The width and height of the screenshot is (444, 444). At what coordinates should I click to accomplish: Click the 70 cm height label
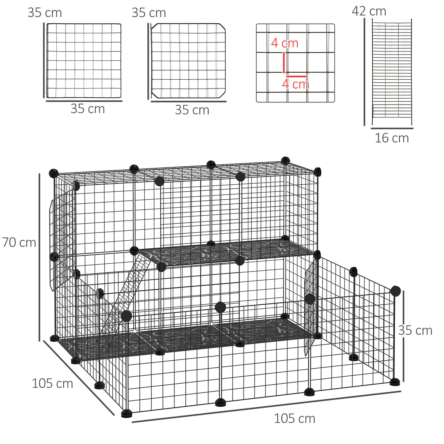19,242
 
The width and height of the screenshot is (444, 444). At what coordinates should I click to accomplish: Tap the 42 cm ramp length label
369,11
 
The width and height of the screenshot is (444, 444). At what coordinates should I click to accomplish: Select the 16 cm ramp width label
392,138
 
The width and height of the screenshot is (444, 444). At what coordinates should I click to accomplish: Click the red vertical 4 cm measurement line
284,63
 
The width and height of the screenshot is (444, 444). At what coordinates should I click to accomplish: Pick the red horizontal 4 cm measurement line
297,76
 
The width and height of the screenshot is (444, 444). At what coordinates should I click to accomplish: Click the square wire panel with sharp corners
84,61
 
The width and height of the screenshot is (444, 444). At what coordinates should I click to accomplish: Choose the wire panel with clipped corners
188,61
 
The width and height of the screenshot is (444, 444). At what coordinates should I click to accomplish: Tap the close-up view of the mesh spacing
295,63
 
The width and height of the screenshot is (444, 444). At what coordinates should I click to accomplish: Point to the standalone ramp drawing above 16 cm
392,72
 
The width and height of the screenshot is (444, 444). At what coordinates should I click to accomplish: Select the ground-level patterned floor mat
183,338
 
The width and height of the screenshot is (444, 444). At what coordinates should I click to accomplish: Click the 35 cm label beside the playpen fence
415,331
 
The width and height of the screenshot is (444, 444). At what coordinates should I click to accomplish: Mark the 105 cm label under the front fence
294,418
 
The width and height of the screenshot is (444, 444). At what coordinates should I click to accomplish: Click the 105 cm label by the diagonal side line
52,383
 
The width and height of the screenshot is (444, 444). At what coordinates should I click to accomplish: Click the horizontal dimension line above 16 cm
392,128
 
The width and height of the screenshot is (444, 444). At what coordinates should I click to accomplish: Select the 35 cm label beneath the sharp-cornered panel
87,109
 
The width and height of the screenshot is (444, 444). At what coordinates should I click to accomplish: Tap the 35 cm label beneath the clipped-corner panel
192,110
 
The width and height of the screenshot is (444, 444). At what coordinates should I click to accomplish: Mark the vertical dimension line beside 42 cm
364,72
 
